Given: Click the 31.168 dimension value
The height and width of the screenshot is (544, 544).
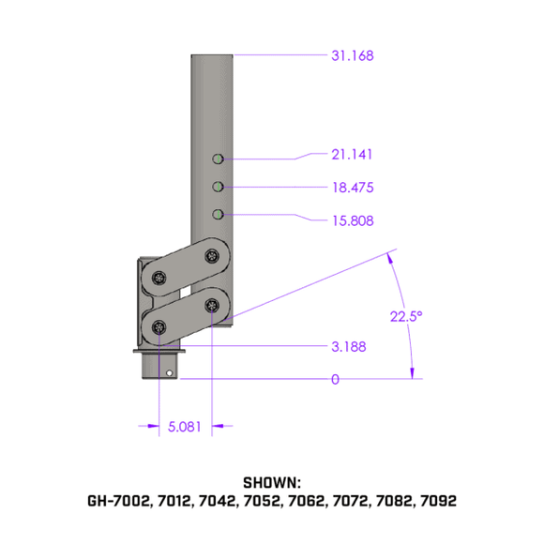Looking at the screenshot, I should tap(352, 56).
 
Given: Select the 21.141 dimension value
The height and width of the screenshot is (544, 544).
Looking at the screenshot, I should tap(352, 154).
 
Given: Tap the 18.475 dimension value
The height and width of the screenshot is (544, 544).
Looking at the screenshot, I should tap(352, 188).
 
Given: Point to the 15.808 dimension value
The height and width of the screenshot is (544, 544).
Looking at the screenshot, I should tap(352, 221).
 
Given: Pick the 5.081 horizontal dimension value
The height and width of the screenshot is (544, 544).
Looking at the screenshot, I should tap(183, 428).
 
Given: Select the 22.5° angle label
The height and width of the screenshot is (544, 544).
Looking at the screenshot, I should tap(406, 316).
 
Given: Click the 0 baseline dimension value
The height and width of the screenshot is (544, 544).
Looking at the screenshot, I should tap(334, 380).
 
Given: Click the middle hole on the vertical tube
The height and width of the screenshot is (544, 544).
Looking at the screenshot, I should tap(217, 186).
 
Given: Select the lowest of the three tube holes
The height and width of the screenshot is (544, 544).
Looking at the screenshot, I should tap(217, 215).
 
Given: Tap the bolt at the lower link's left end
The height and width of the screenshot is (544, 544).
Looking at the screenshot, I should tap(159, 327).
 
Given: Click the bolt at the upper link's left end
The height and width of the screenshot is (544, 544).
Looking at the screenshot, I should tap(159, 278).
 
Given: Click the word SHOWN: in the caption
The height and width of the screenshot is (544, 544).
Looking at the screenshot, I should tap(271, 482).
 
